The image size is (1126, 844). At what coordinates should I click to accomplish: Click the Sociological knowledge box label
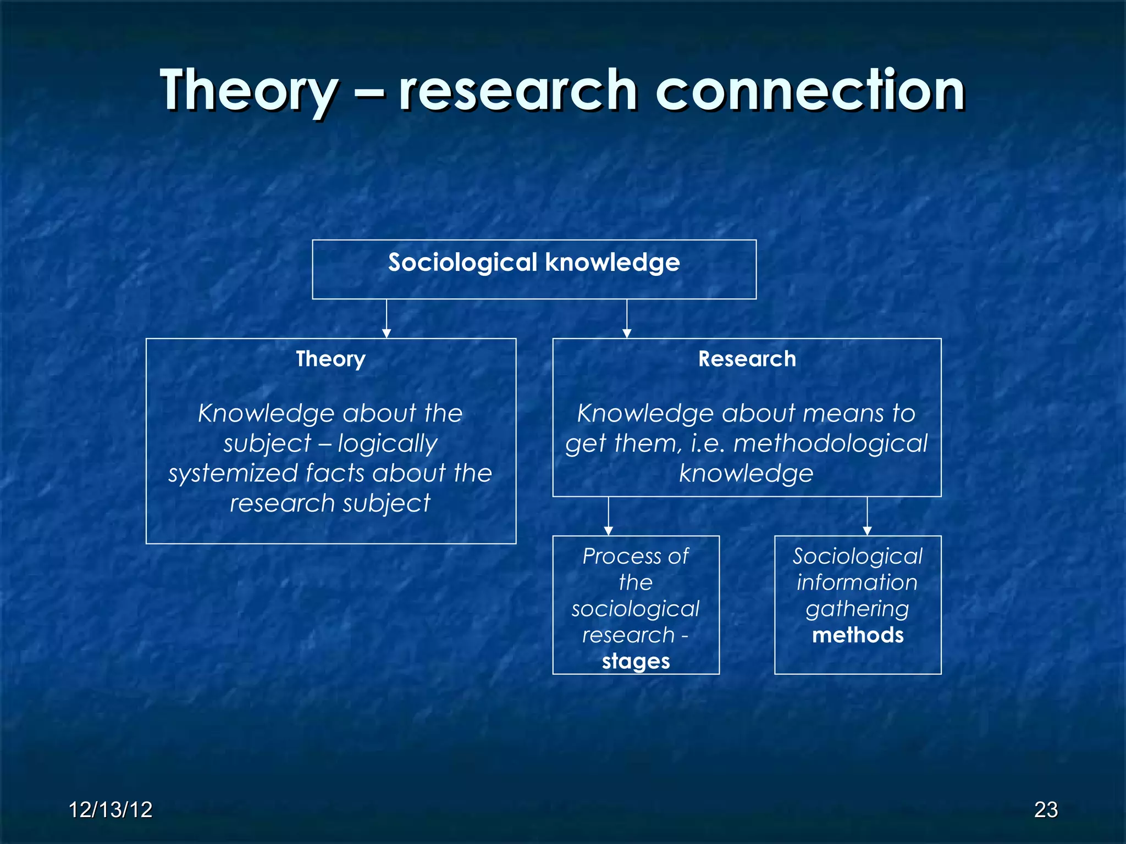pos(534,263)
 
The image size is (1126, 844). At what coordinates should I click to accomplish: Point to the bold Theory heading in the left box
pos(330,359)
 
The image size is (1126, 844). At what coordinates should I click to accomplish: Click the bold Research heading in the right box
pos(747,359)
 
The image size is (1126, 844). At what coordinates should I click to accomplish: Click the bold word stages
pos(636,662)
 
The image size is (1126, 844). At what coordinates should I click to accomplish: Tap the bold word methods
pos(858,635)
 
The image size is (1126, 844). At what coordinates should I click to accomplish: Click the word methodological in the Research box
pos(830,443)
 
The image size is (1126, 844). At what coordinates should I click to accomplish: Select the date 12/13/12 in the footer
pos(111,810)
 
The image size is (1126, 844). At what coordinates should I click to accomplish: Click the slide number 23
pos(1046,810)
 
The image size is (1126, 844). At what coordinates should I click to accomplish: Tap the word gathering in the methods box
pos(857,609)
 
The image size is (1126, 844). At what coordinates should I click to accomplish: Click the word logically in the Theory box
pos(388,444)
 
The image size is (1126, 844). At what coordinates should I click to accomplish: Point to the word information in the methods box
pos(857,582)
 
